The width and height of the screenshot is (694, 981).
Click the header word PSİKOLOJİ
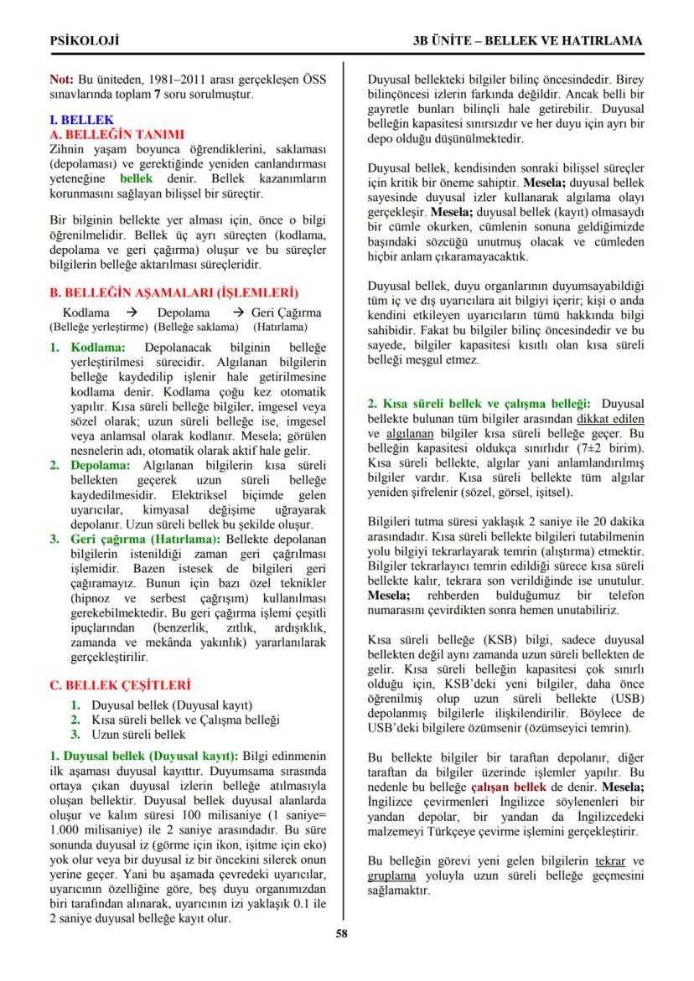pos(85,40)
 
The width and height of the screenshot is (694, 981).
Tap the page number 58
pos(342,934)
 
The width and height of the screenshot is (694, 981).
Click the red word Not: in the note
pos(62,80)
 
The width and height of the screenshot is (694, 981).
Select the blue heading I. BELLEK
pos(81,120)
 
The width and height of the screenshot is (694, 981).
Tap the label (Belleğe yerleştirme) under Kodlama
pos(98,326)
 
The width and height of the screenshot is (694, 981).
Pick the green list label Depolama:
pos(100,464)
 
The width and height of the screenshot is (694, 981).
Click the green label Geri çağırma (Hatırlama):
pos(146,539)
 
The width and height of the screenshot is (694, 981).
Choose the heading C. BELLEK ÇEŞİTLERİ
pos(120,684)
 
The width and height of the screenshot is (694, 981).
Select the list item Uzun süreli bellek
pos(138,735)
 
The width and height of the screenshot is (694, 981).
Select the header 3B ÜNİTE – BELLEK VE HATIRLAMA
pos(527,40)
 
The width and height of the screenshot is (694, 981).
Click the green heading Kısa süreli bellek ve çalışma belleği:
pos(479,403)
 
